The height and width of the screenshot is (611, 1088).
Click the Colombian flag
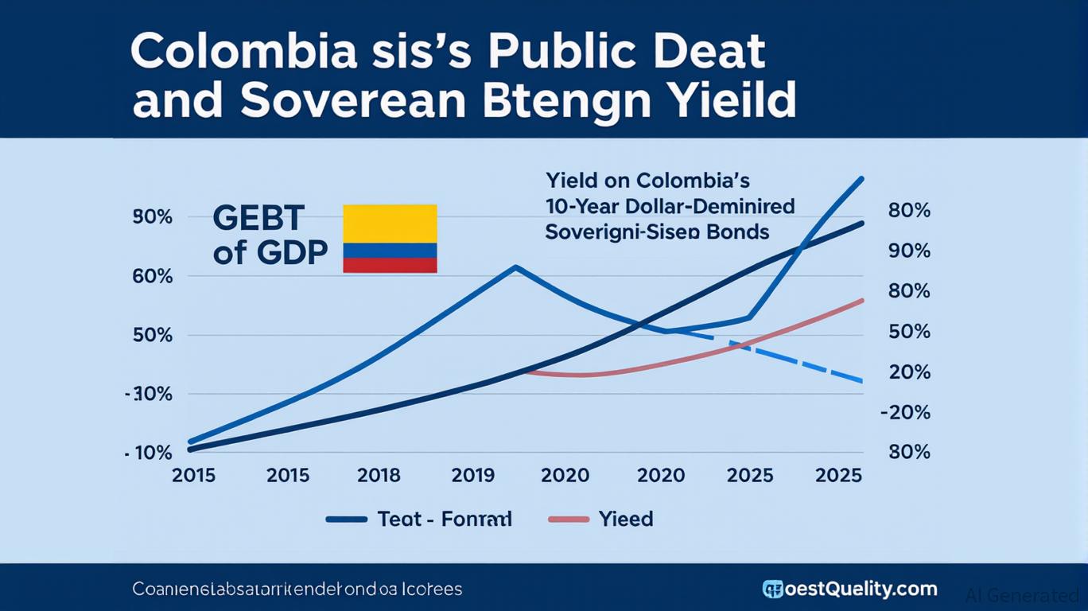[390, 239]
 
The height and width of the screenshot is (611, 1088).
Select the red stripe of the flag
[390, 265]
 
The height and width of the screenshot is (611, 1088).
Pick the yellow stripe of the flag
[390, 223]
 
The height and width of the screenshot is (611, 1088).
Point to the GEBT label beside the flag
[258, 217]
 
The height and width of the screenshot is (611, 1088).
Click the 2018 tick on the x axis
[379, 476]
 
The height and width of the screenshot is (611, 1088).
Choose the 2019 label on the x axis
[473, 476]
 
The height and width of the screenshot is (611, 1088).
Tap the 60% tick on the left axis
[153, 277]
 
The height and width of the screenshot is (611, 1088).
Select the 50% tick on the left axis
[153, 335]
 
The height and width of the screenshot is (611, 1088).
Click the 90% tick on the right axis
[909, 251]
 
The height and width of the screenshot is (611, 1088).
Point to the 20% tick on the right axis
[909, 372]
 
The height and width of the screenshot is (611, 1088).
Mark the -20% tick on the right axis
[906, 412]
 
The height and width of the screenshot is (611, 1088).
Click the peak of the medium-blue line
[516, 267]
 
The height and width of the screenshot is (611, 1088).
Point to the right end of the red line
[862, 300]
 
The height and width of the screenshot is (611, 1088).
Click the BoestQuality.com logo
[849, 590]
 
